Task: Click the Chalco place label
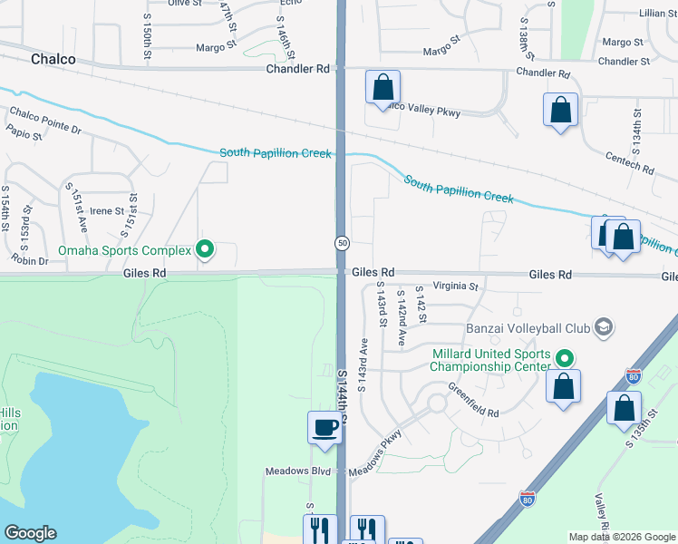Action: point(53,59)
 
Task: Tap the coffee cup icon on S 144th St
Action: point(324,428)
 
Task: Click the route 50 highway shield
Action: point(342,243)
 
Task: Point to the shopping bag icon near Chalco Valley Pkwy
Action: point(383,88)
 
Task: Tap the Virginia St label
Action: point(454,287)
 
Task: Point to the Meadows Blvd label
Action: point(298,471)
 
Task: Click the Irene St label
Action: point(107,210)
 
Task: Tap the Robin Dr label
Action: point(31,261)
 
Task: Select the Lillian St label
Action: point(652,14)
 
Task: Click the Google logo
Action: point(30,533)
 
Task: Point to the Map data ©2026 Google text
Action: point(621,537)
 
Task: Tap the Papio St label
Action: point(24,136)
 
